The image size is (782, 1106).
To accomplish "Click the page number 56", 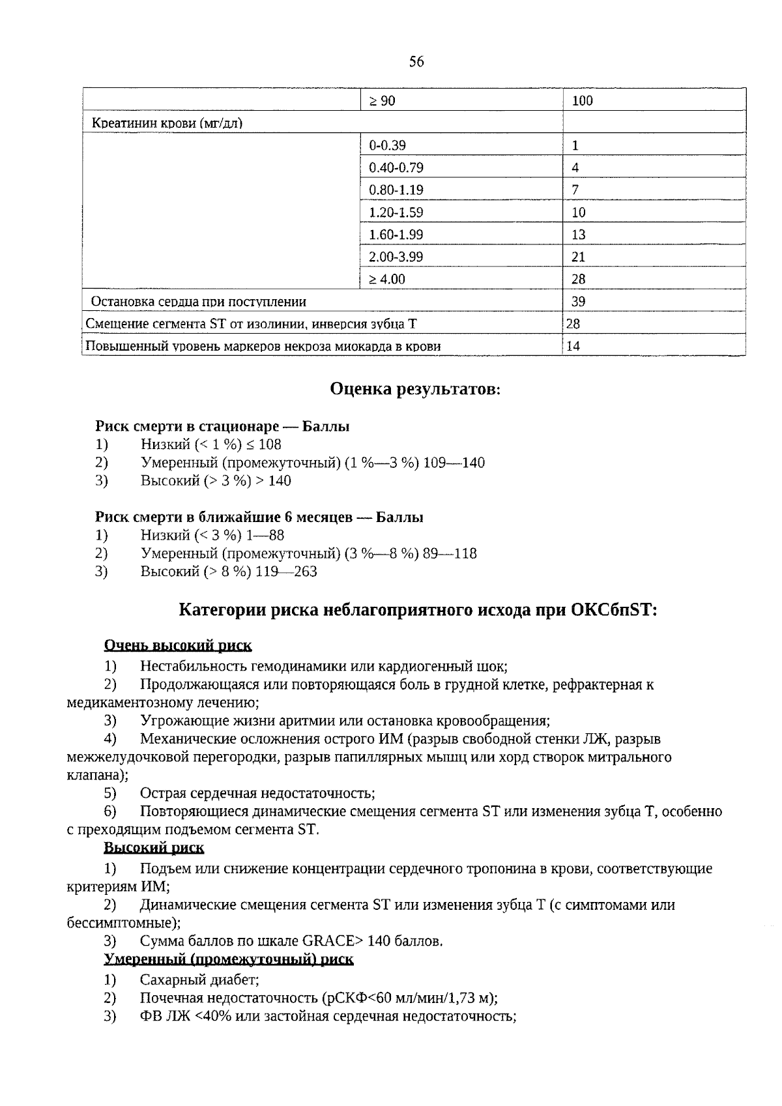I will tap(416, 61).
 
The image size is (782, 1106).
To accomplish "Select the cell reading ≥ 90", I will tap(383, 101).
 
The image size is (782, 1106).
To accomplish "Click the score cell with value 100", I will tap(582, 101).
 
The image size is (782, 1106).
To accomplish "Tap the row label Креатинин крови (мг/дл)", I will tap(167, 123).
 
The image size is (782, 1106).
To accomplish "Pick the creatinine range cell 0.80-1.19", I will tap(396, 190).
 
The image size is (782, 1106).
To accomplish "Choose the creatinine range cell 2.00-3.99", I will tap(396, 257).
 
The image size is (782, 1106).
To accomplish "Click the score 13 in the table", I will tap(578, 235).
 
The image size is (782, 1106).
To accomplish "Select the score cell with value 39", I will tap(578, 301).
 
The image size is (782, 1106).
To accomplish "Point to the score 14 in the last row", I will tap(573, 346).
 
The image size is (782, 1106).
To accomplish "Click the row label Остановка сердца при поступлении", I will tap(198, 302).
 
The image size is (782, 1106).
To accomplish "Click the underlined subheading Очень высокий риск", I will tap(178, 645).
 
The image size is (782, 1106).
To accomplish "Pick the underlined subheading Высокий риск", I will tap(154, 847).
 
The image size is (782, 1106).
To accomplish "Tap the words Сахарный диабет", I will tap(199, 980).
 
